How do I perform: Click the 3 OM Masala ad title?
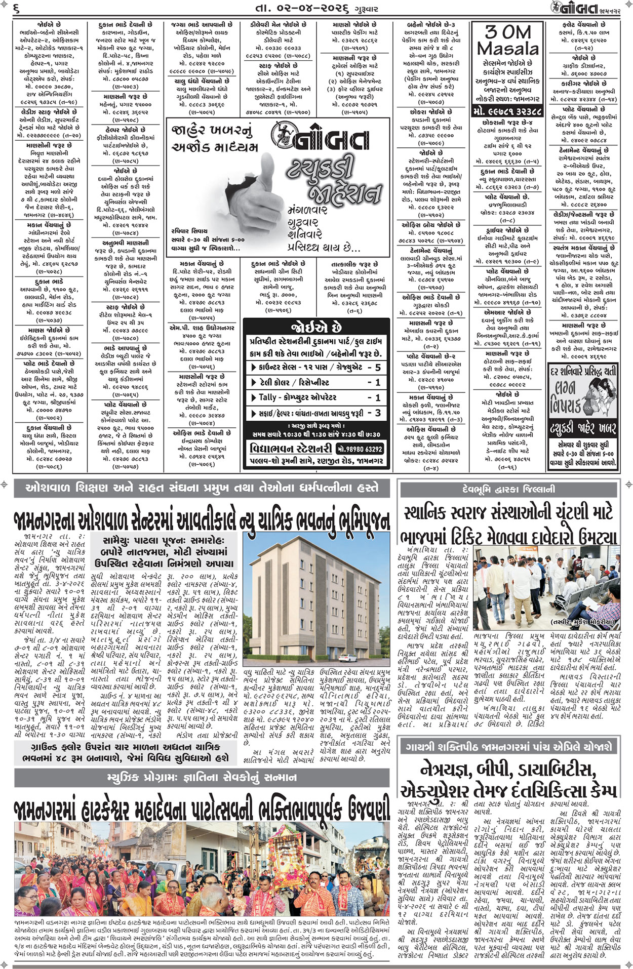click(508, 41)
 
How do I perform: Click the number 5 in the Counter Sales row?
click(378, 368)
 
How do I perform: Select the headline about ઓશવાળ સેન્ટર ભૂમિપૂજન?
click(202, 519)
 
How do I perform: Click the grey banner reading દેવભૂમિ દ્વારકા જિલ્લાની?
click(508, 490)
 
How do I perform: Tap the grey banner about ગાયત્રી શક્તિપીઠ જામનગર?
click(508, 747)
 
